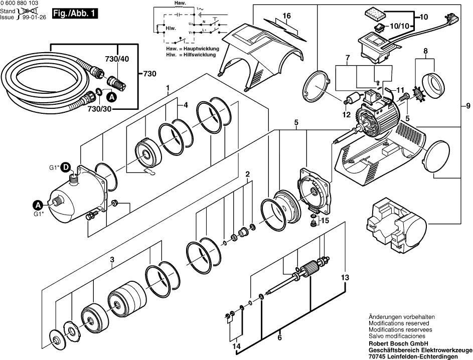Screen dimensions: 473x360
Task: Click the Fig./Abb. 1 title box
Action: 75,14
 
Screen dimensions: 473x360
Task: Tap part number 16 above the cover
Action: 286,16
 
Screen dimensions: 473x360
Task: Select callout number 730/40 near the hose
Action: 117,59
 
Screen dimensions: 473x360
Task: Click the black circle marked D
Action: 66,167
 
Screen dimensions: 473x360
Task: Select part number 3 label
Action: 112,259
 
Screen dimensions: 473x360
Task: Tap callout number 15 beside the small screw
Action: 325,221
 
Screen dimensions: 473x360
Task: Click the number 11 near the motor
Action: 400,90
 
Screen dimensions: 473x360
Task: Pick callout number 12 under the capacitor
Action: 346,115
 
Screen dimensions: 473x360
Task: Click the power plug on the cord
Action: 453,19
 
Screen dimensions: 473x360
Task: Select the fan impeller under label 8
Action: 417,90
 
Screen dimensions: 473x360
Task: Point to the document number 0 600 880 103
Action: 19,4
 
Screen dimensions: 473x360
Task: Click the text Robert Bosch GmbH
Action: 398,343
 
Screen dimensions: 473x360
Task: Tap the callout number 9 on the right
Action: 468,106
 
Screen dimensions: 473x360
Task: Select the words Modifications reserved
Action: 398,323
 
